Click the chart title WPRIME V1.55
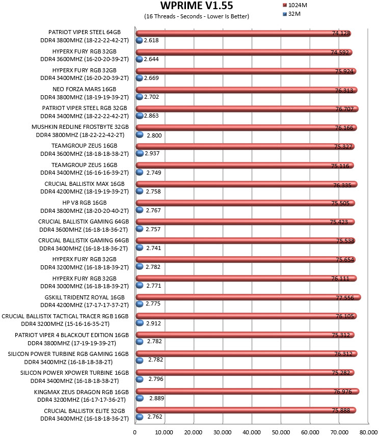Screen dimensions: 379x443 (197, 6)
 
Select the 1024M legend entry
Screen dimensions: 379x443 (295, 5)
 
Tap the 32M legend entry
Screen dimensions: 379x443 (292, 14)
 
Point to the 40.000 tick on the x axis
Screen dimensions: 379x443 (252, 432)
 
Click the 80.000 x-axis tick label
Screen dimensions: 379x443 (368, 432)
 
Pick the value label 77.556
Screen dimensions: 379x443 (345, 297)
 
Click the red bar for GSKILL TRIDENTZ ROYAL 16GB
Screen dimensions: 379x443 (248, 297)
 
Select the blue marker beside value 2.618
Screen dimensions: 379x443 (140, 40)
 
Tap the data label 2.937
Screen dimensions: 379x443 (152, 153)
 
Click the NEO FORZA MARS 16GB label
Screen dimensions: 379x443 (84, 89)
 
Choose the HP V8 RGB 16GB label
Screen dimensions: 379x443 (85, 203)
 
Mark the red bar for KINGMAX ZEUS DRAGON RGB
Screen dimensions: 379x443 (247, 391)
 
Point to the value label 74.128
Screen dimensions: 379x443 (341, 33)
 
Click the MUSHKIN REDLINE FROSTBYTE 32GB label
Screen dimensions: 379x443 (80, 127)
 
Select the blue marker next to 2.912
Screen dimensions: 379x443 (140, 323)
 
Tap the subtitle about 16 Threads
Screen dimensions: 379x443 (197, 16)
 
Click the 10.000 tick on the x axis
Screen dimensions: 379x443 (164, 432)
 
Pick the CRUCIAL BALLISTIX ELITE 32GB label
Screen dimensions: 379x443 (84, 411)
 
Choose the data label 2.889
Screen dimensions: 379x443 (157, 398)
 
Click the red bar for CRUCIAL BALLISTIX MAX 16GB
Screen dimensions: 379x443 (247, 184)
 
